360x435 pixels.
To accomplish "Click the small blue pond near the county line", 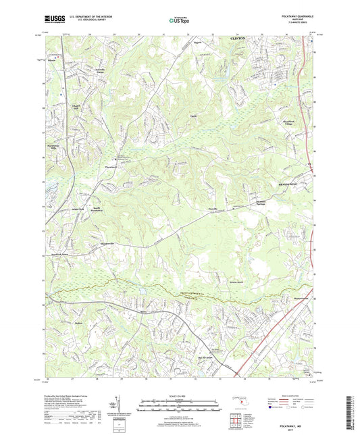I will click(x=142, y=290).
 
